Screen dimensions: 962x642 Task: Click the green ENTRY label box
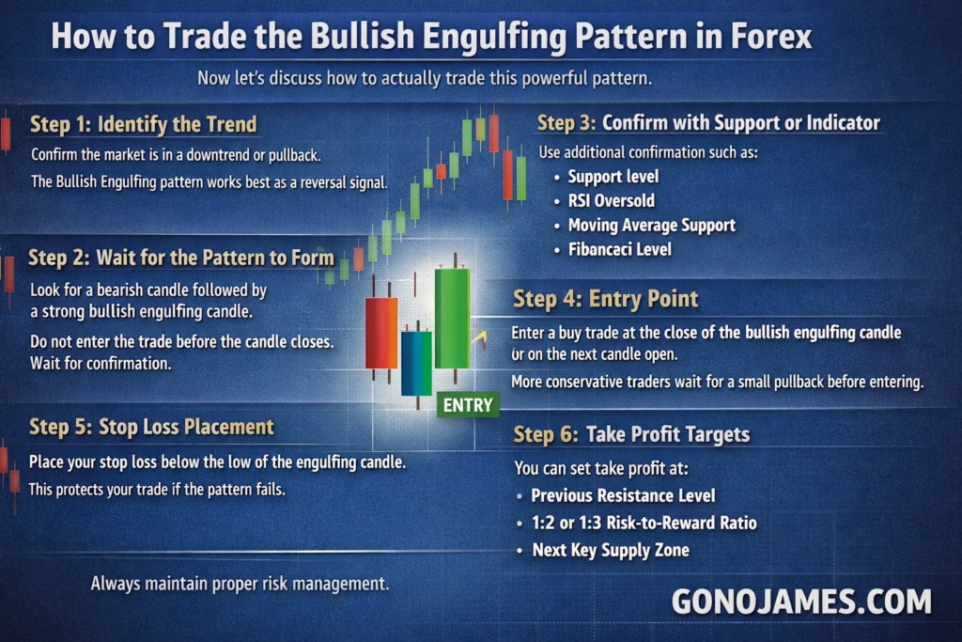(468, 405)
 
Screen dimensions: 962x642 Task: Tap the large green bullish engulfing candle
(453, 318)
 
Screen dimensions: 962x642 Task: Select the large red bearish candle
(381, 333)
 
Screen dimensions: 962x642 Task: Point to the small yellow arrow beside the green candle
(479, 337)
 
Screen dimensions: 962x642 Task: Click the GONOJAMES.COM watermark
(801, 601)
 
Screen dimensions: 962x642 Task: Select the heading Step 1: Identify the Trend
(144, 124)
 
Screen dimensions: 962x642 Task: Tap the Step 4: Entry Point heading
(606, 299)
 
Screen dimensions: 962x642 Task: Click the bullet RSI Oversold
(611, 201)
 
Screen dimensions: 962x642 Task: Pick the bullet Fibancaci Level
(620, 249)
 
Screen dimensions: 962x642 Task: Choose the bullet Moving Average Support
(652, 226)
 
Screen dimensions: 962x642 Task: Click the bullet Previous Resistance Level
(623, 495)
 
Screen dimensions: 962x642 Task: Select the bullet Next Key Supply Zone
(611, 550)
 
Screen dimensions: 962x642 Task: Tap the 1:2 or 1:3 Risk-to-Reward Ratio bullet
(644, 523)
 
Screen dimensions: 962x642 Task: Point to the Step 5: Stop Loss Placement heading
(151, 427)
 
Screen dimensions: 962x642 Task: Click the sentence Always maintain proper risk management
(240, 583)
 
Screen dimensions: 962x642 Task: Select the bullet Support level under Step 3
(613, 177)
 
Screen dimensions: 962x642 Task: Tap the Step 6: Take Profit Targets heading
(631, 434)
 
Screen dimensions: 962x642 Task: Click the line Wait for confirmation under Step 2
(101, 364)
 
